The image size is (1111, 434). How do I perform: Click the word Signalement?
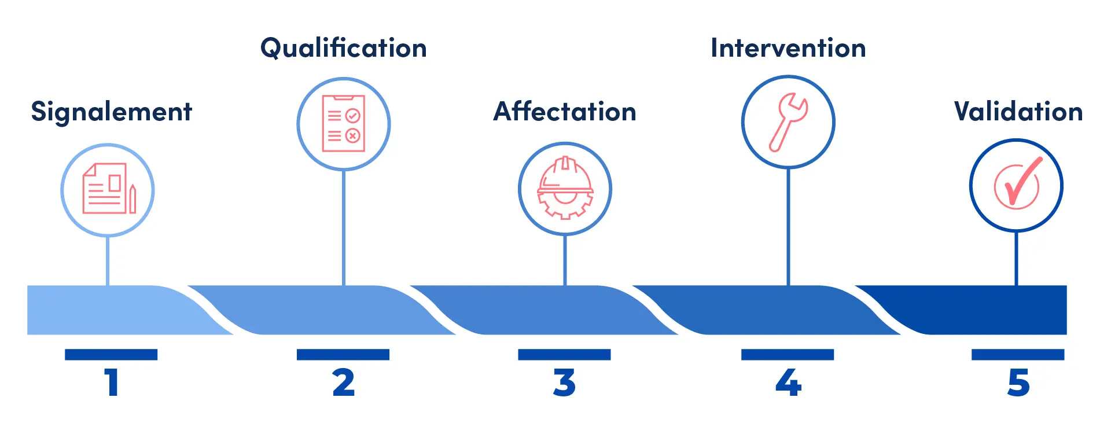pyautogui.click(x=111, y=112)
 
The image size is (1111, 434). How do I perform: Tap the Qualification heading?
pyautogui.click(x=344, y=48)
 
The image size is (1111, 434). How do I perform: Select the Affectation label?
pyautogui.click(x=565, y=111)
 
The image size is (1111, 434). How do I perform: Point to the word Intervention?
pyautogui.click(x=788, y=48)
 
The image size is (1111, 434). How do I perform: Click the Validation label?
pyautogui.click(x=1018, y=111)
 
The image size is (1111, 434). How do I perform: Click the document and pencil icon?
pyautogui.click(x=109, y=188)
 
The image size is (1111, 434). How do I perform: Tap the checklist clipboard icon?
pyautogui.click(x=344, y=123)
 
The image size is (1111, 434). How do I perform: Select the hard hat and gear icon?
pyautogui.click(x=565, y=188)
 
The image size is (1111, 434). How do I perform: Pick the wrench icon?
pyautogui.click(x=788, y=122)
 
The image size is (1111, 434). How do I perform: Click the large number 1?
pyautogui.click(x=112, y=382)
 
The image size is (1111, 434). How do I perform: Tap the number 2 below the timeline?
pyautogui.click(x=343, y=382)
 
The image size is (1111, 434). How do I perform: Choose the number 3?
pyautogui.click(x=564, y=382)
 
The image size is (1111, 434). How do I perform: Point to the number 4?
pyautogui.click(x=788, y=382)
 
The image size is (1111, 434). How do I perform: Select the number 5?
pyautogui.click(x=1018, y=382)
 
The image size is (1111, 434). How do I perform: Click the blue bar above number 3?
pyautogui.click(x=564, y=354)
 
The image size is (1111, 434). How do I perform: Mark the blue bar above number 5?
pyautogui.click(x=1018, y=354)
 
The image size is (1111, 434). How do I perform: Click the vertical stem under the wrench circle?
pyautogui.click(x=788, y=227)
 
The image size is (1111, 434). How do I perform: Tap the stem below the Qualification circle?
pyautogui.click(x=344, y=228)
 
